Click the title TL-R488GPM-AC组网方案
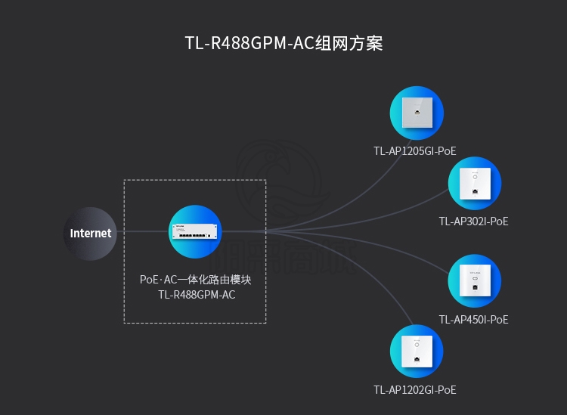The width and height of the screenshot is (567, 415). point(283,43)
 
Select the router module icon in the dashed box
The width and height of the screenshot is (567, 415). point(195,231)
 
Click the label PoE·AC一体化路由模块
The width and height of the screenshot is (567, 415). point(195,280)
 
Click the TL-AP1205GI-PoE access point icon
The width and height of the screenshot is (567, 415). point(417,113)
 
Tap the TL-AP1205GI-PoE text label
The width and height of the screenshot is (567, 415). point(415,151)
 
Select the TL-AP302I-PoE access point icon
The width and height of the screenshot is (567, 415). point(475,183)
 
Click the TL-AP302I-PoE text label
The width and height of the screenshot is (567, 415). point(474,221)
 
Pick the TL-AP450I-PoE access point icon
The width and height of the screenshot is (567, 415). point(475,281)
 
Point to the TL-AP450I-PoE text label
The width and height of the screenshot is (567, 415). point(474,320)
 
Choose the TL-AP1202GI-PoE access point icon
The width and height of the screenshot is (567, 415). point(417,352)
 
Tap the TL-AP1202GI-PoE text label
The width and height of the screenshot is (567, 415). point(415,390)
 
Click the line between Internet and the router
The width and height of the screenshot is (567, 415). point(144,232)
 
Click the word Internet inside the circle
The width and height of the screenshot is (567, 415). point(91,234)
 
